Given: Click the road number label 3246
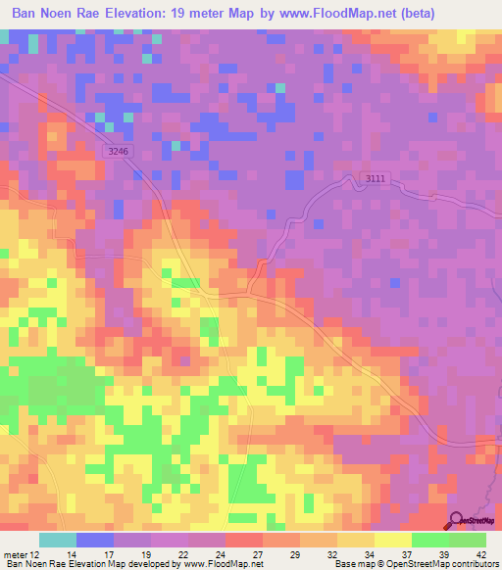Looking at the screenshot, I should [118, 151].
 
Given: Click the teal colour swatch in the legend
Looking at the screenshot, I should [58, 540].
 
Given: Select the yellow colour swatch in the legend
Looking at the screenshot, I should [393, 540].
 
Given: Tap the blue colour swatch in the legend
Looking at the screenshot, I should [95, 540].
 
